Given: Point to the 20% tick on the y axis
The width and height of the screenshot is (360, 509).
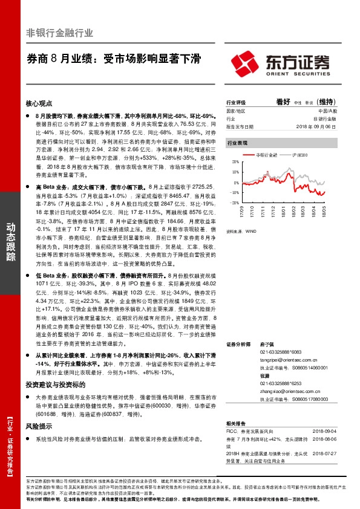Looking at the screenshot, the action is [x=234, y=163].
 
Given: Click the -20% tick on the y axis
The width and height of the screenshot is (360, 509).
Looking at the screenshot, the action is [x=234, y=203].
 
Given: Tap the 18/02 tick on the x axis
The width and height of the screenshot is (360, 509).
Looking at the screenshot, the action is [x=295, y=212].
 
